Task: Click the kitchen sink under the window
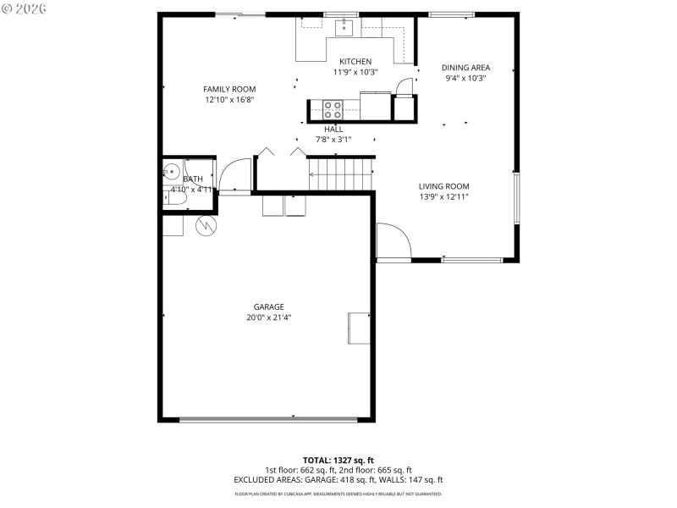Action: tap(344, 28)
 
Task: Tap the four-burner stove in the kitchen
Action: tap(333, 108)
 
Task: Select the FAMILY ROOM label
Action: tap(229, 89)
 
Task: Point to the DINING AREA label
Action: tap(465, 68)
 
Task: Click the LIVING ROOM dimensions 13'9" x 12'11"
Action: tap(443, 196)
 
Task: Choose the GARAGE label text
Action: tap(268, 307)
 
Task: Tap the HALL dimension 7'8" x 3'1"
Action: tap(333, 140)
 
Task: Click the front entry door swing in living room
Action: tap(392, 241)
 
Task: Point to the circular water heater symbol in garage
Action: tap(206, 225)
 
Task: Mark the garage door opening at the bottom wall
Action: tap(268, 418)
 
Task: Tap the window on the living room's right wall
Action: tap(515, 199)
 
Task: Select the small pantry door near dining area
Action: tap(405, 87)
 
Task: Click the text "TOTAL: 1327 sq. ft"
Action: tap(338, 460)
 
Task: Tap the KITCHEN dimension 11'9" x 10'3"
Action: tap(355, 72)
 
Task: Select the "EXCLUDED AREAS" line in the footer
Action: tap(338, 480)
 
